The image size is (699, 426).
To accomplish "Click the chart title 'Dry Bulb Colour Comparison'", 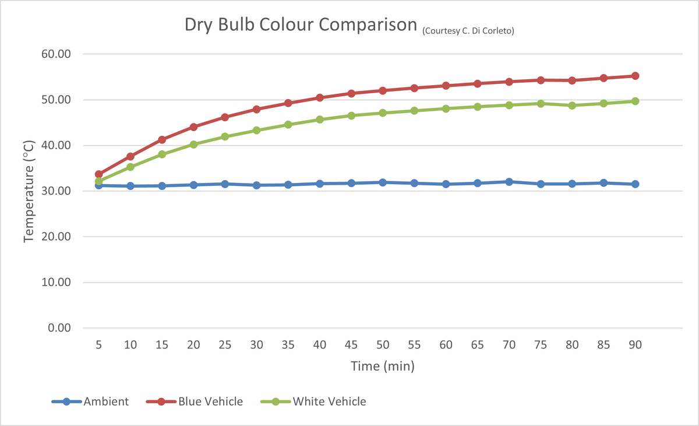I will [x=301, y=26].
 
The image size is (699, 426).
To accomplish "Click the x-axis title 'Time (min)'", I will [x=382, y=366].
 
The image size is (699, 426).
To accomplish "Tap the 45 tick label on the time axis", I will [x=351, y=345].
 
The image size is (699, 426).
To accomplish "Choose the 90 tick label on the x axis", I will [x=635, y=345].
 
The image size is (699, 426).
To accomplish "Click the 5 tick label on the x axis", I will [x=98, y=345].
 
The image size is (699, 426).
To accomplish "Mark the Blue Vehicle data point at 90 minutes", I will [x=636, y=76].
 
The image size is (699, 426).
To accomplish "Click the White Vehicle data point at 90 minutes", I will [x=636, y=101].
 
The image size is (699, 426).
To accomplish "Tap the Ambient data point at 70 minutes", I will [x=509, y=182].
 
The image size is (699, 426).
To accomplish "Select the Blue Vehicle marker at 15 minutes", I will [x=162, y=140].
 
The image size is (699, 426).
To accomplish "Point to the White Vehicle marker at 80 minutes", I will [x=572, y=105].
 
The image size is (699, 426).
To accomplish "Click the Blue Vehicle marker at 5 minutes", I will [x=98, y=174].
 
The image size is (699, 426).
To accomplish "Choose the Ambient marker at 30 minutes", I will [x=256, y=185].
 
